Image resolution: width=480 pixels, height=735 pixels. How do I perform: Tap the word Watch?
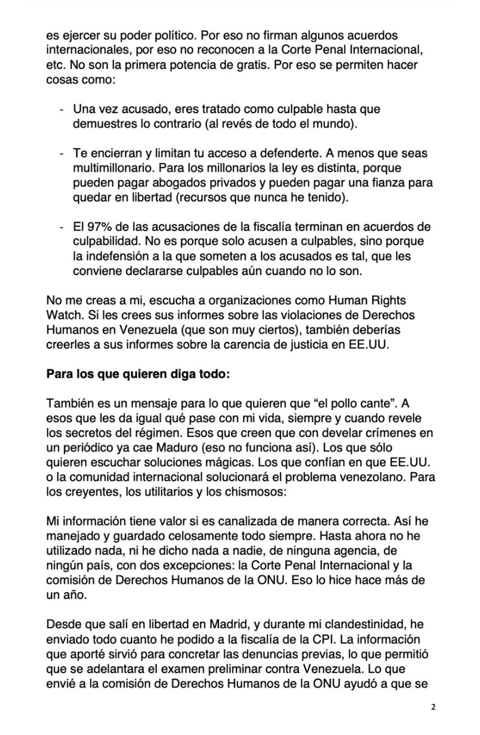[64, 315]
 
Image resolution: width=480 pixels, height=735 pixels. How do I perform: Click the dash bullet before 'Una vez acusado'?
[62, 110]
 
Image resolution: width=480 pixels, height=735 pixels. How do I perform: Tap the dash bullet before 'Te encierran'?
[62, 154]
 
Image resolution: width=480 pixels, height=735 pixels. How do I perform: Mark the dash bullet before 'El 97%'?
[62, 228]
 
